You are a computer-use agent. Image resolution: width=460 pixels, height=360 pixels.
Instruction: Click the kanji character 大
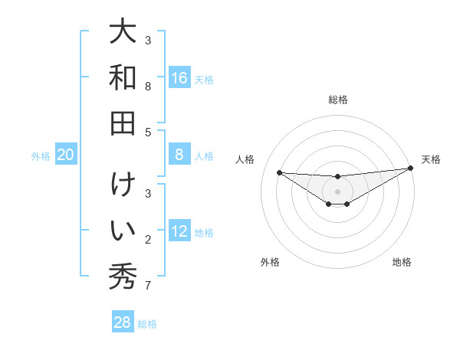pos(123,32)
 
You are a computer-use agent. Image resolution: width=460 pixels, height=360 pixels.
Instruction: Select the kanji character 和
pos(123,77)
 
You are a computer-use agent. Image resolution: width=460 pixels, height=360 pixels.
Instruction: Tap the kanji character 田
pos(123,123)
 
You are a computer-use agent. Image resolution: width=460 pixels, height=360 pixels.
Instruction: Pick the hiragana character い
pos(123,231)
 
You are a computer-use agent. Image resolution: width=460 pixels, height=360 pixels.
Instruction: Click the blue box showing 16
pos(179,78)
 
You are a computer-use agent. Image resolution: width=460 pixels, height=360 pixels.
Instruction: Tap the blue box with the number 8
pos(179,155)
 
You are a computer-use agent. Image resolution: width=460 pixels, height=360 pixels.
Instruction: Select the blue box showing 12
pos(179,231)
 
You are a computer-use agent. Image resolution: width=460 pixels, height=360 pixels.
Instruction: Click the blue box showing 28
pos(123,322)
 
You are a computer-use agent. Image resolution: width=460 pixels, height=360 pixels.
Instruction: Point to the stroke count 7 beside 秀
pos(148,286)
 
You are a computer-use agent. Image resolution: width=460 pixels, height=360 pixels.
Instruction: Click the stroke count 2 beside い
pos(148,241)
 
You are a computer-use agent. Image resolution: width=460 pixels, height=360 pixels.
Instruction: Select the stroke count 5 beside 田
pos(148,133)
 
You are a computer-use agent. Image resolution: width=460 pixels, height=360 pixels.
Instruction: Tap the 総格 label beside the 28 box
pos(147,324)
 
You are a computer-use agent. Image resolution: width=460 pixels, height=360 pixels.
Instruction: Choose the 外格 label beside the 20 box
pos(41,156)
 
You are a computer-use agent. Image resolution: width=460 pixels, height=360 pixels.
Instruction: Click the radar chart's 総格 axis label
pos(337,100)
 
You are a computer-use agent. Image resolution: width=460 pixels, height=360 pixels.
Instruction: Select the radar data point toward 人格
pos(279,172)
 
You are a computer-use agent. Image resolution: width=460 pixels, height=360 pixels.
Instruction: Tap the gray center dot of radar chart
pos(337,191)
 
